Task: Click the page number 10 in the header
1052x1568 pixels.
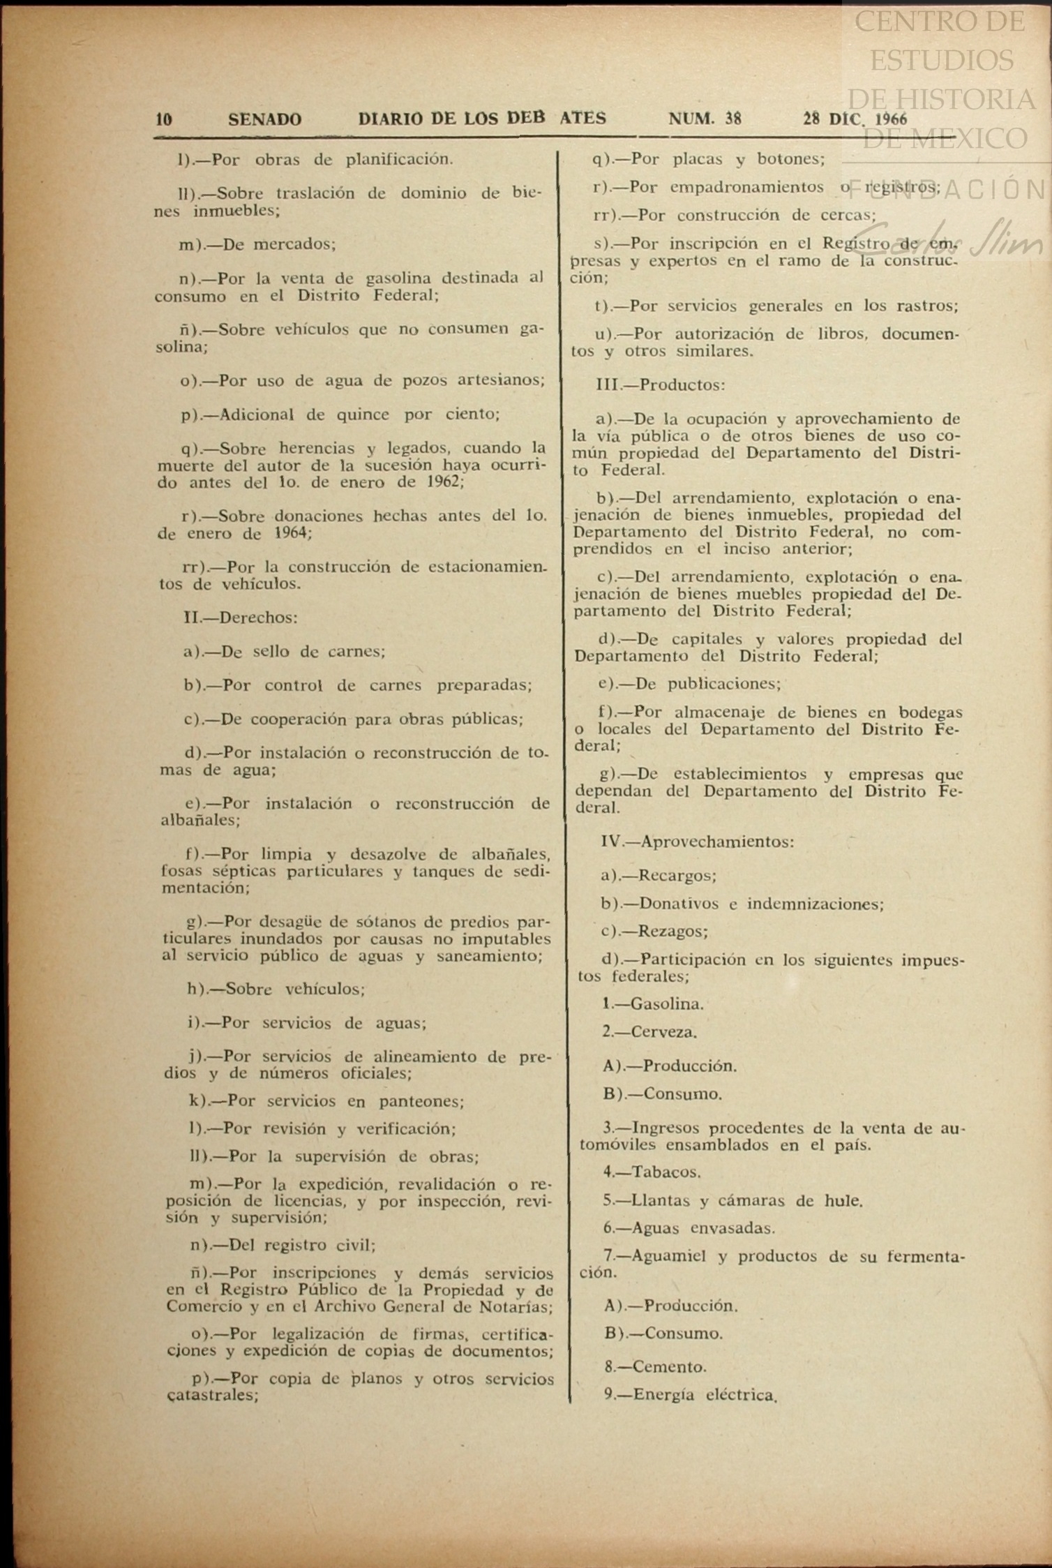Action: coord(164,119)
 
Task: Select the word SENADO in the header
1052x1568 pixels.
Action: coord(264,119)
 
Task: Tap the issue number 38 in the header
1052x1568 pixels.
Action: coord(732,119)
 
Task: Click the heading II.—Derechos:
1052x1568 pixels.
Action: coord(240,618)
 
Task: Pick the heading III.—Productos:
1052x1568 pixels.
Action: coord(660,384)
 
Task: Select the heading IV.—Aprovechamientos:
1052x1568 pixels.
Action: coord(697,842)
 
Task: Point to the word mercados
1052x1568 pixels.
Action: coord(294,244)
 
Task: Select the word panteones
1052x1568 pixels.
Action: coord(421,1101)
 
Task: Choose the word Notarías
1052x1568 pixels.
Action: coord(516,1307)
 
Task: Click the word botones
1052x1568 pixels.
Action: coord(790,159)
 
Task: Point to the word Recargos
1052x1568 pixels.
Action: coord(677,876)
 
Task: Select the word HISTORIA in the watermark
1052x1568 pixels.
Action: coord(970,98)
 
